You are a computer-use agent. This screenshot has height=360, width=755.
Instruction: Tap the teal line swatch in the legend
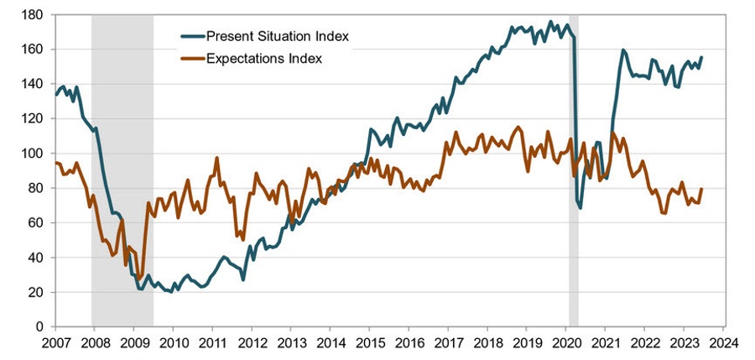coord(200,36)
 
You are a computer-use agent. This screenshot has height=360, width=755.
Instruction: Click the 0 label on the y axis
coord(39,326)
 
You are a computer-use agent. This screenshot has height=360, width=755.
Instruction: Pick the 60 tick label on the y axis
coord(35,222)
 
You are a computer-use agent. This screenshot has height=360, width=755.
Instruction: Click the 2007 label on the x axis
coord(55,344)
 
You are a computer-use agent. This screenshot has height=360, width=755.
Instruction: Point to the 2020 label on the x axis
coord(565,344)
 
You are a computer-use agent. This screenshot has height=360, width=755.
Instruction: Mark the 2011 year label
coord(212,344)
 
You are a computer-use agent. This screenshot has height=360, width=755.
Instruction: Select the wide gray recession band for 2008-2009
coord(122,168)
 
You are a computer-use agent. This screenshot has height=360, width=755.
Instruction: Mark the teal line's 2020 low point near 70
coord(580,206)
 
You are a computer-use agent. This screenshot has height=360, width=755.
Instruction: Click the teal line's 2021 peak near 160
coord(623,50)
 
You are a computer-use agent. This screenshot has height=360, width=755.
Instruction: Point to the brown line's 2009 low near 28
coord(139,278)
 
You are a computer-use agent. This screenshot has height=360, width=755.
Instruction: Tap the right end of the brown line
coord(701,189)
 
